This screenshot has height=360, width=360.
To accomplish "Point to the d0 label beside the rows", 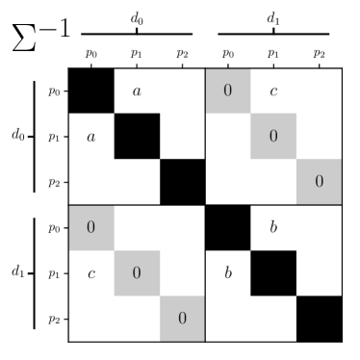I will [x=17, y=137].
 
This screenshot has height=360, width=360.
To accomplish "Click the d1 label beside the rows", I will [x=17, y=272].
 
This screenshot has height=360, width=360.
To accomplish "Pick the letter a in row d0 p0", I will [x=137, y=91].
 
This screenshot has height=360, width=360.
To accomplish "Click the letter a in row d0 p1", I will [x=91, y=137].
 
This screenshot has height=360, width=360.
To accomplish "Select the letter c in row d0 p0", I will [x=273, y=91].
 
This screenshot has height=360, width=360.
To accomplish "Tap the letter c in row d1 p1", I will [x=91, y=273].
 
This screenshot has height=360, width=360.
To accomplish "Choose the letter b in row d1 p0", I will [x=273, y=228].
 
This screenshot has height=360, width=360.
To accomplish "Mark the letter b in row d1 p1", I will [x=228, y=273].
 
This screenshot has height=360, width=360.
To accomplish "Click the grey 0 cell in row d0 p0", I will [x=228, y=91].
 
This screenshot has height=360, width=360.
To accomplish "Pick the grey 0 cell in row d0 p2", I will [x=319, y=182].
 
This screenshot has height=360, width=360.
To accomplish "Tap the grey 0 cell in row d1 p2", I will [x=182, y=319].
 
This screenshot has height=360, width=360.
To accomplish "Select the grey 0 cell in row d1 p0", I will [x=91, y=228].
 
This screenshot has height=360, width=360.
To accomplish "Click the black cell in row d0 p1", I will [x=137, y=137].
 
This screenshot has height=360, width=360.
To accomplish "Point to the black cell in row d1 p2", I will [x=319, y=319].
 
